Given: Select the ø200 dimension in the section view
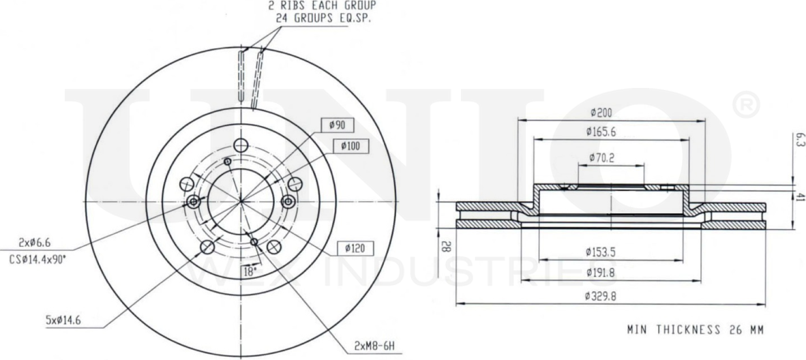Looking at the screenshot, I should tap(602, 112).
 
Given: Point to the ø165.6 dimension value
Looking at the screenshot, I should tap(606, 131).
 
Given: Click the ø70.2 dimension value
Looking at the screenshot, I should tap(603, 157).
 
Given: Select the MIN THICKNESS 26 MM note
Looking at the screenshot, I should tap(693, 330).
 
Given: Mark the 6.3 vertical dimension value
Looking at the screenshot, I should tap(799, 141).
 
